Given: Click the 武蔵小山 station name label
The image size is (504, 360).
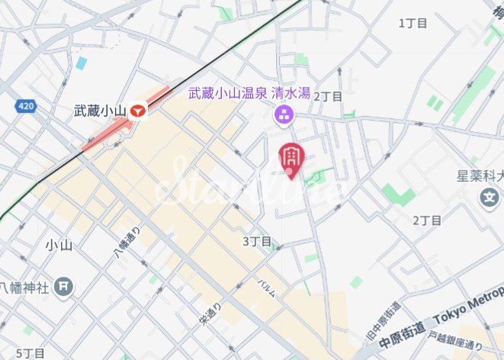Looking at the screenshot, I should [x=99, y=111].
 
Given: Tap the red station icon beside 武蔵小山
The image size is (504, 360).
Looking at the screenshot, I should [x=137, y=111].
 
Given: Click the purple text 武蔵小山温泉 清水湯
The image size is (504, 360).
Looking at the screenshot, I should [x=249, y=94].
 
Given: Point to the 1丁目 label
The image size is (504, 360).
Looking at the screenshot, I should [x=413, y=23].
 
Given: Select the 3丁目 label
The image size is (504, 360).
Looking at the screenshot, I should [x=257, y=241].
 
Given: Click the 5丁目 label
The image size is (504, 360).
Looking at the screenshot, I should [x=30, y=353].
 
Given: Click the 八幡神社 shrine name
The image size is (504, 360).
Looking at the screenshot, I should [x=24, y=288].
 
